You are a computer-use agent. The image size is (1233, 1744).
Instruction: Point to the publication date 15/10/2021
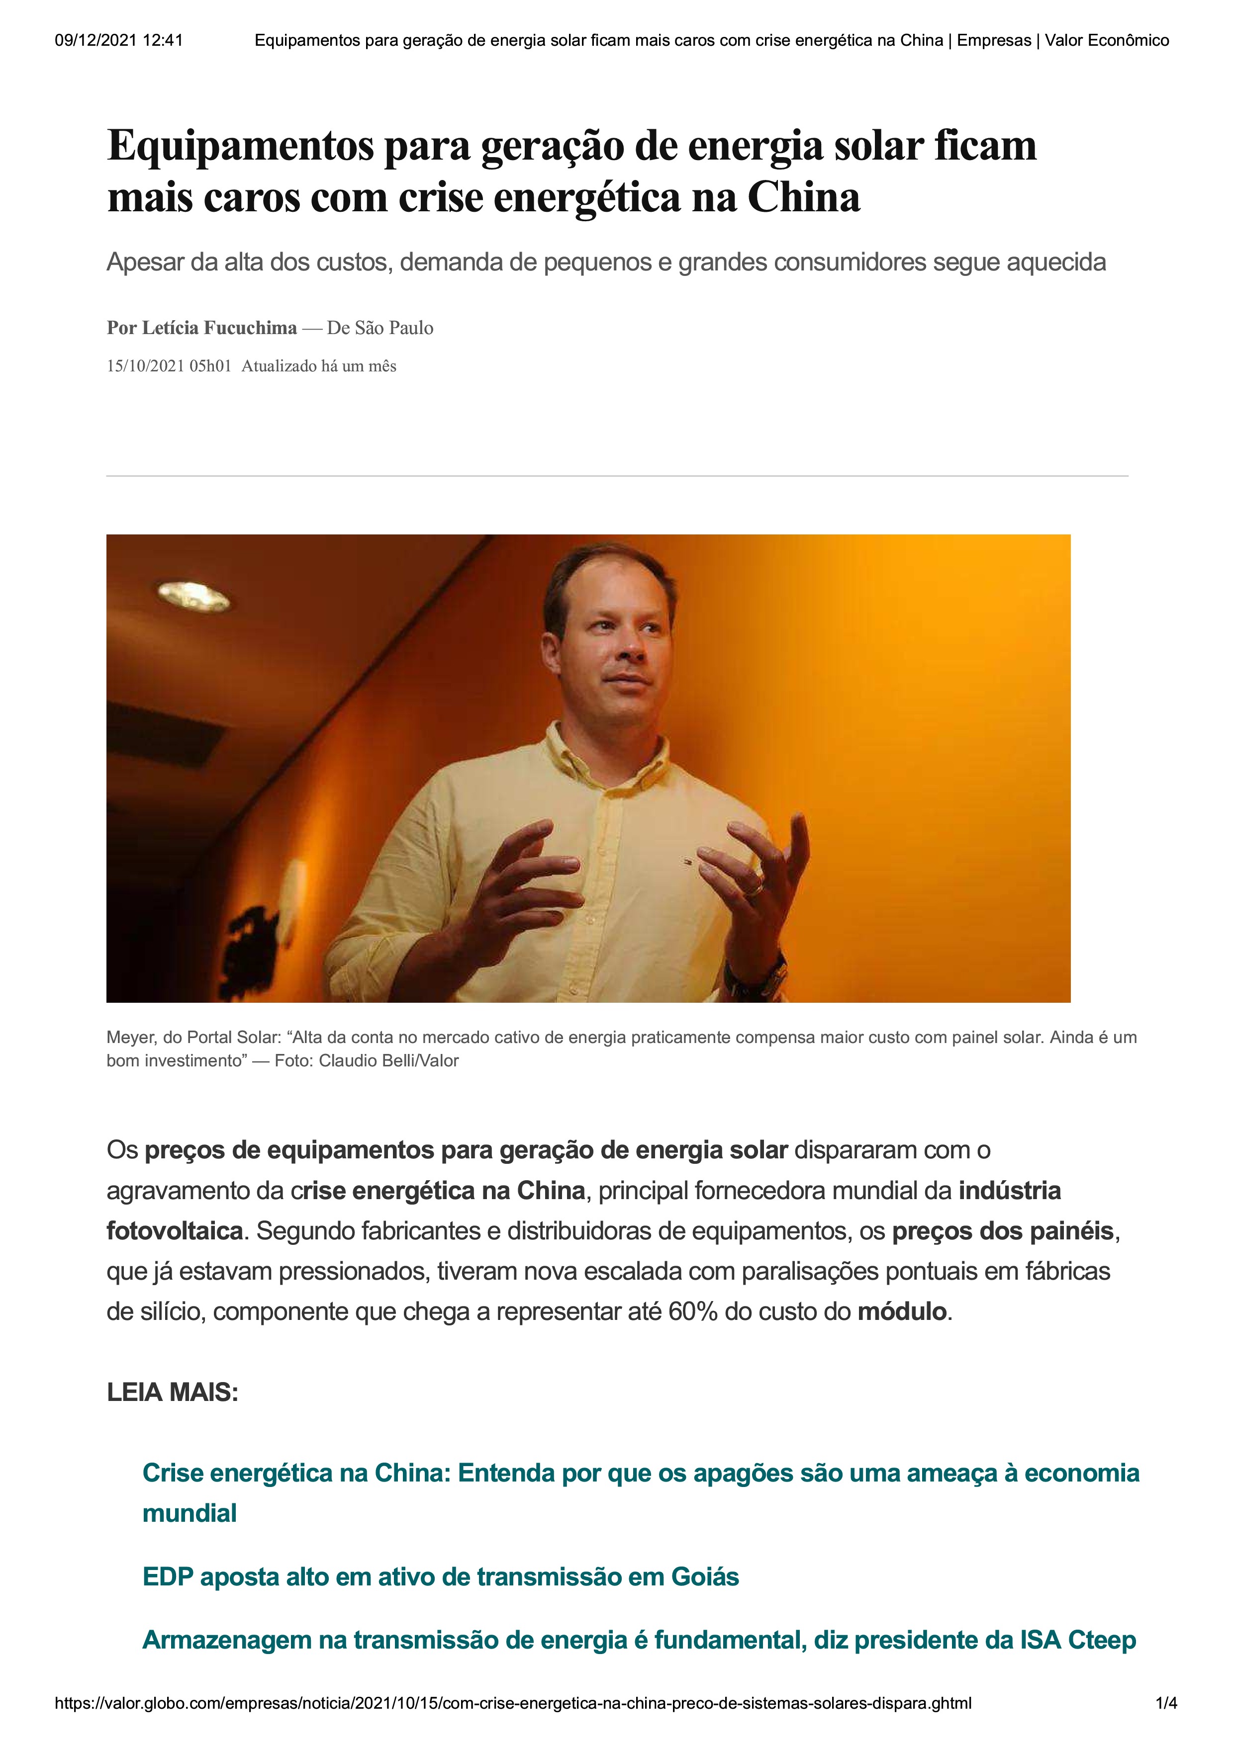click(x=145, y=366)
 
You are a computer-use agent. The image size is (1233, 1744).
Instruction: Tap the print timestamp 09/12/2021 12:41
click(x=118, y=40)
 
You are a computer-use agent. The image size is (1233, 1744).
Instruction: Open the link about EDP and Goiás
click(x=441, y=1577)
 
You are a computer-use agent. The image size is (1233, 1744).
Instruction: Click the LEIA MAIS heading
click(x=173, y=1393)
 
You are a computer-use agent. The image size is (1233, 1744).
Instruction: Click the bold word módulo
click(x=902, y=1312)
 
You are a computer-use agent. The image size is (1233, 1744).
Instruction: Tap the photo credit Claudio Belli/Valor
click(x=388, y=1060)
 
